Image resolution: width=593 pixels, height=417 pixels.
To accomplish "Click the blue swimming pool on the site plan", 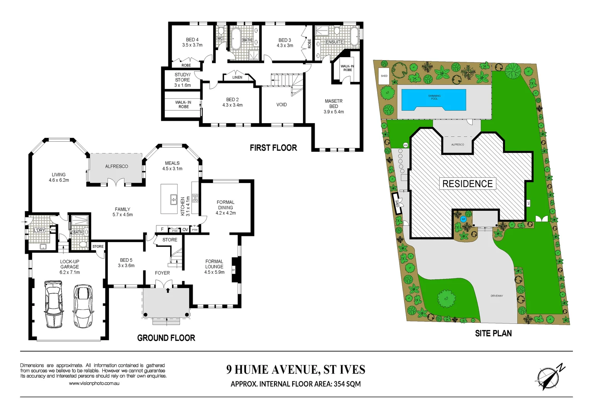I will (434, 100).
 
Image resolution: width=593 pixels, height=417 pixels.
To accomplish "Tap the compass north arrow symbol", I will (549, 376).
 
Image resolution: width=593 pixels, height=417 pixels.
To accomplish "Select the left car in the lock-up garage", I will (53, 304).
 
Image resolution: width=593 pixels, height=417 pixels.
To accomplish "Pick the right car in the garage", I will (83, 306).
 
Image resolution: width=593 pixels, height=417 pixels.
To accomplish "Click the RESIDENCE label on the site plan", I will (467, 184).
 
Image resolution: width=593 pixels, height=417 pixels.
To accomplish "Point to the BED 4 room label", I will (192, 42).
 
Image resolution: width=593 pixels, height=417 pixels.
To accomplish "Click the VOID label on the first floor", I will (281, 105).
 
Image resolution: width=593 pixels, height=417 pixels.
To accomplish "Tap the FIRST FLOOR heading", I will (273, 148).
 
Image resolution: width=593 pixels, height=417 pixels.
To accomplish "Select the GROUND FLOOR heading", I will (166, 338).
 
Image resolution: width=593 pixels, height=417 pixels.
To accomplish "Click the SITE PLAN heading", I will (493, 333).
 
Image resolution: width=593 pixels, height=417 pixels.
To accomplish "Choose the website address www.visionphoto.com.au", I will (94, 383).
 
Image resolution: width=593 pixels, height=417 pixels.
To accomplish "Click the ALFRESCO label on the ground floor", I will (117, 166).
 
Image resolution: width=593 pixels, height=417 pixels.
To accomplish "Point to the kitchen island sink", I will (173, 200).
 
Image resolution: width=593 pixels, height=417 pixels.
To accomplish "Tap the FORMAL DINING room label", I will (225, 207).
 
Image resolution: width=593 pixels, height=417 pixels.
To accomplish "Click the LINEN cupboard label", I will (237, 77).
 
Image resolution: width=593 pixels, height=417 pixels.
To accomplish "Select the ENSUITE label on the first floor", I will (334, 42).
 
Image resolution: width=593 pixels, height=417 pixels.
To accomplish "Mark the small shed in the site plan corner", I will (384, 76).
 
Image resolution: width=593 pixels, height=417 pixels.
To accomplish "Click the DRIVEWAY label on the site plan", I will (496, 296).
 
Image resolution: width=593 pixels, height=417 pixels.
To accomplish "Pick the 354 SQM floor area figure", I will (347, 384).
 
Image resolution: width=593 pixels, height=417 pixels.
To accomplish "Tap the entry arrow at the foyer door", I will (168, 290).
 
